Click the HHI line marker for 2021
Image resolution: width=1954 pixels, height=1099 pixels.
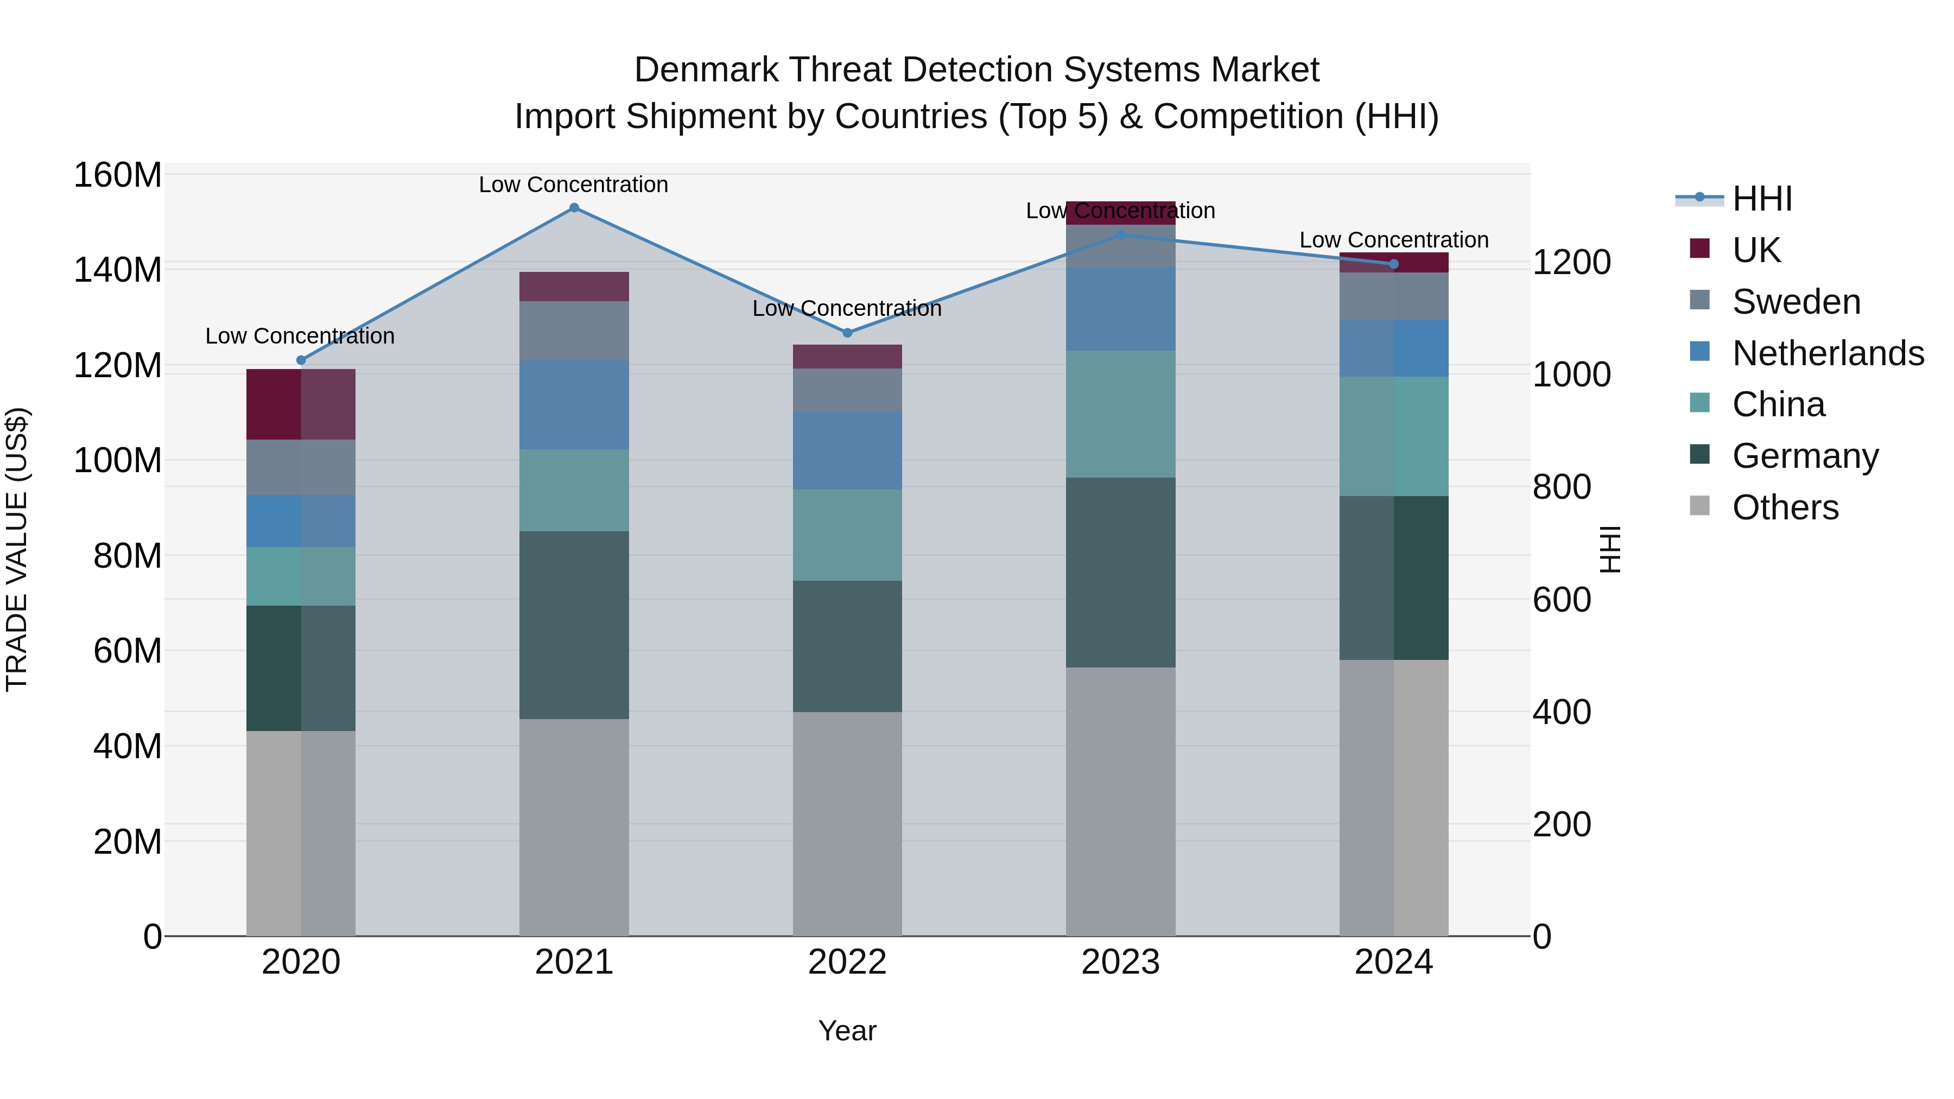pyautogui.click(x=574, y=208)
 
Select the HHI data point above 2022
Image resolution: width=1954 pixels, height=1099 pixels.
pyautogui.click(x=847, y=333)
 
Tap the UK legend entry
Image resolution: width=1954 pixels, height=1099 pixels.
pyautogui.click(x=1755, y=250)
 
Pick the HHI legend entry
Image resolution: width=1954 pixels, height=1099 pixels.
pyautogui.click(x=1761, y=199)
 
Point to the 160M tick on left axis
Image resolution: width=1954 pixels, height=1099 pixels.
pyautogui.click(x=118, y=175)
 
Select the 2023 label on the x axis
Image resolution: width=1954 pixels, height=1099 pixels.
pyautogui.click(x=1120, y=962)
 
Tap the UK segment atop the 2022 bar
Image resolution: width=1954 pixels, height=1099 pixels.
pyautogui.click(x=847, y=357)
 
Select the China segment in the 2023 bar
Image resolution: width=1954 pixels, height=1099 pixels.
pyautogui.click(x=1120, y=414)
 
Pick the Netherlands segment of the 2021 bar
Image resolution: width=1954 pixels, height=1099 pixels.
pyautogui.click(x=574, y=404)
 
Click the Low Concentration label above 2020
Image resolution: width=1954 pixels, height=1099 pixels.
pyautogui.click(x=300, y=336)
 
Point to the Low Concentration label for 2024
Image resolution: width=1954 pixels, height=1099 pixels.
pyautogui.click(x=1393, y=240)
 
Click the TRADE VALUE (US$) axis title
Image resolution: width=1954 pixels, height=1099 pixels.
pyautogui.click(x=17, y=549)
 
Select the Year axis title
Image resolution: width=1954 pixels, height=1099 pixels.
pyautogui.click(x=847, y=1031)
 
